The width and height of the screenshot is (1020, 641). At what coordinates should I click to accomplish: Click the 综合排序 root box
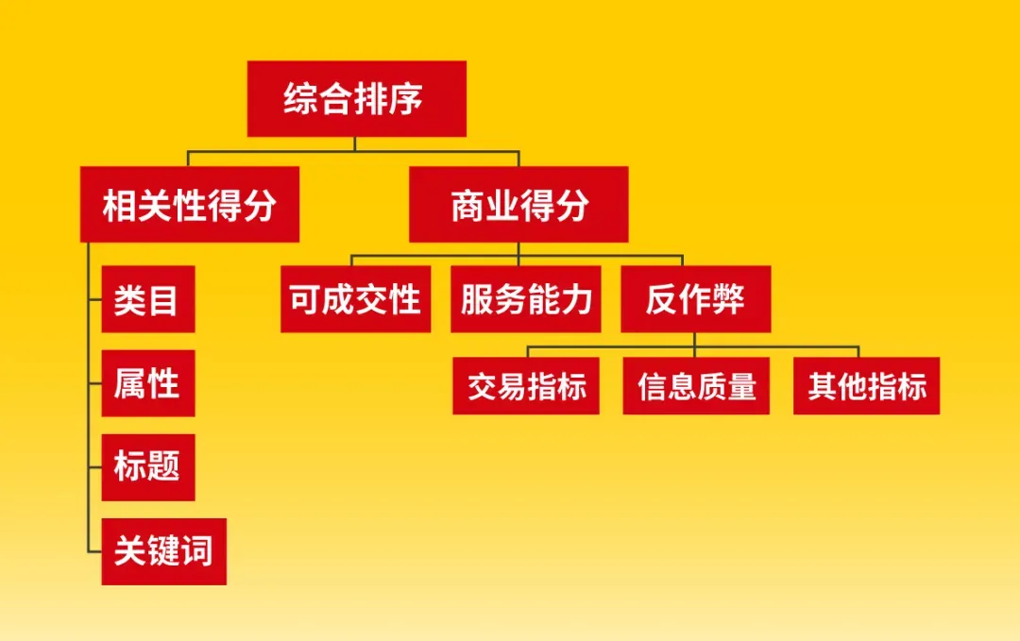coord(356,99)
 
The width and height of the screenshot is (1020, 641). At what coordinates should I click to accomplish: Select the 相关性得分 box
coord(190,204)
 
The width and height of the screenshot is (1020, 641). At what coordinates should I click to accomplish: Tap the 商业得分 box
coord(518,204)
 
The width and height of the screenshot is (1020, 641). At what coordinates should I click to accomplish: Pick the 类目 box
coord(148,299)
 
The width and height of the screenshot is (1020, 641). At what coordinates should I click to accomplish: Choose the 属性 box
coord(148,383)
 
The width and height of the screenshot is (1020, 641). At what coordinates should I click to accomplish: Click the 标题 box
coord(148,467)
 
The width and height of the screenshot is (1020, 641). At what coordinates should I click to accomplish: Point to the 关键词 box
coord(164,551)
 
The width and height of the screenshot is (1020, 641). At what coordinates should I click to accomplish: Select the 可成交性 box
coord(356,299)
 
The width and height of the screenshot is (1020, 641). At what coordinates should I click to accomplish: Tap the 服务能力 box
coord(526,299)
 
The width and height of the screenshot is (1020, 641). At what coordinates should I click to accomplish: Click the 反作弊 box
coord(696,299)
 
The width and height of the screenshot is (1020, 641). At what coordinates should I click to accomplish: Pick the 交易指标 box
coord(526,385)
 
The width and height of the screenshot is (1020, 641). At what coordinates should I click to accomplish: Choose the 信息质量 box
coord(696,385)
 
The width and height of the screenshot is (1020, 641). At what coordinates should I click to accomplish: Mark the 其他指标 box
coord(866,385)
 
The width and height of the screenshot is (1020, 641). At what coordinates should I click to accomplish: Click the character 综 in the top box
coord(301,99)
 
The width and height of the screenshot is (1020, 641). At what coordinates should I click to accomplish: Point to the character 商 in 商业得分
coord(468,205)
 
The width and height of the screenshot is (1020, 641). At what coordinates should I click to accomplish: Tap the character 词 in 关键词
coord(196,550)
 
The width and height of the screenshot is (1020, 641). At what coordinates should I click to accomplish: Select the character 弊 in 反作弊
coord(728,299)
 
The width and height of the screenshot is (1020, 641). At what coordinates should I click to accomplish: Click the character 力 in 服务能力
coord(576,299)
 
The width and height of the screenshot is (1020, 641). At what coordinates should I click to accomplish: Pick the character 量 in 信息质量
coord(741,386)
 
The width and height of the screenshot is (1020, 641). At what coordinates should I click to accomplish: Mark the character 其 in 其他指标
coord(823,386)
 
